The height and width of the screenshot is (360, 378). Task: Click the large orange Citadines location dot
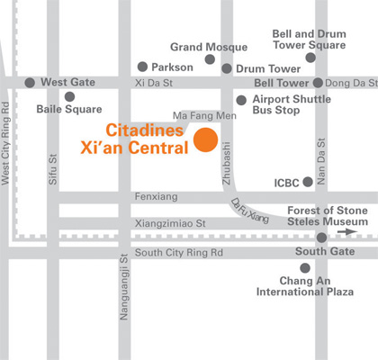(207, 140)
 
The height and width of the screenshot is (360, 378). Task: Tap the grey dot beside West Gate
(31, 82)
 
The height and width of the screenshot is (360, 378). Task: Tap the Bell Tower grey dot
(318, 83)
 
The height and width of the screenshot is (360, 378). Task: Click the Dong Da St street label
(352, 83)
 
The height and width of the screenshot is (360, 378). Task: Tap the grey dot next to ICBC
(308, 182)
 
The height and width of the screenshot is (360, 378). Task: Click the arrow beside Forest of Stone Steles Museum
(346, 231)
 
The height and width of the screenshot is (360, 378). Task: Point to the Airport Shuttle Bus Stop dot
(241, 101)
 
